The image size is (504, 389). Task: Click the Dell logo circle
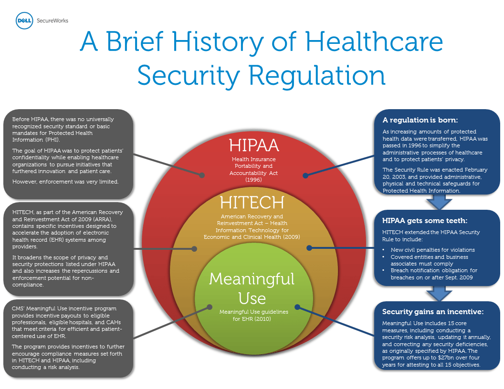coord(24,20)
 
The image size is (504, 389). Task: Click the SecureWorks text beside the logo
coord(52,20)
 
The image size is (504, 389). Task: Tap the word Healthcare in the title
coord(374,41)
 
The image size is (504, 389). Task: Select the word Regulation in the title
coord(317,75)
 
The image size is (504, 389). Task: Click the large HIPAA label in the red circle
coord(254,145)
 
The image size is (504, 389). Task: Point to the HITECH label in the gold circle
coord(252,203)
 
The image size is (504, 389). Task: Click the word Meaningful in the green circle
coord(252,279)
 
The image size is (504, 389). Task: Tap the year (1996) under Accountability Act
coord(253,180)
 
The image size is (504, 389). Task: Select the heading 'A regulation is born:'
coord(420,120)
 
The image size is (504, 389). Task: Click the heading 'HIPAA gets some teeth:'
coord(425,221)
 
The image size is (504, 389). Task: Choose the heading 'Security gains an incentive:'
coord(432,312)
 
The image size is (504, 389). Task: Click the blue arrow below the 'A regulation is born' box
coord(439,202)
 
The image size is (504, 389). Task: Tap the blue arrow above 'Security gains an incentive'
coord(439,294)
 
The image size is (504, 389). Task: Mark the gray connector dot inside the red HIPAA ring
coord(202,175)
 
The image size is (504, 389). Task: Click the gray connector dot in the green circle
coord(210,307)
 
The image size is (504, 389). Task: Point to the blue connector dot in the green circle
coord(297,307)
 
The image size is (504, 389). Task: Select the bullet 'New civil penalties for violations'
coord(432,250)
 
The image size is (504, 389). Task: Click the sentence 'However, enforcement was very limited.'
coord(65,182)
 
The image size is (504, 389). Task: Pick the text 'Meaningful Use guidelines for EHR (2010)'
coord(253,315)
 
